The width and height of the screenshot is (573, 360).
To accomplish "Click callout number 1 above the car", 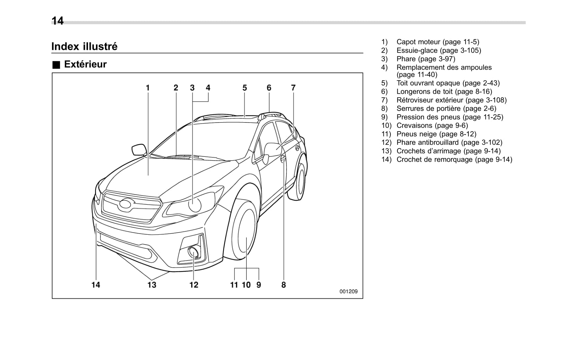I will point(148,88).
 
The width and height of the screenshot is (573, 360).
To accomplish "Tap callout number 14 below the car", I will point(96,285).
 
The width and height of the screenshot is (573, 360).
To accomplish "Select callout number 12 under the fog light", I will point(194,285).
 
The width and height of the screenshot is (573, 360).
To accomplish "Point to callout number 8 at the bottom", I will point(283,285).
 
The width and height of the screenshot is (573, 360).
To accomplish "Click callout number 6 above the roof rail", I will point(269,88).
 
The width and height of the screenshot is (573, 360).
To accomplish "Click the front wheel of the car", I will point(244,230).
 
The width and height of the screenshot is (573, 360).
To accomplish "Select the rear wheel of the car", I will point(300,181).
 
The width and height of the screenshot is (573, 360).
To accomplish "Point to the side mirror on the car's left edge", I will point(139,150).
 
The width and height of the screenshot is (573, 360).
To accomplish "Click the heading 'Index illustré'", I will point(85,46).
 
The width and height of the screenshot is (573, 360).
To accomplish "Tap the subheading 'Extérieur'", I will point(85,64).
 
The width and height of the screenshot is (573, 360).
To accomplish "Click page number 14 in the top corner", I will point(58,21).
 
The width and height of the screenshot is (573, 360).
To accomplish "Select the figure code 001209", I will point(348,291).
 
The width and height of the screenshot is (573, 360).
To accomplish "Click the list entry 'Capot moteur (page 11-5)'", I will point(438,42).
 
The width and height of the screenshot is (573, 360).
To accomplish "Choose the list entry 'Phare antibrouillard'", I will point(449,142).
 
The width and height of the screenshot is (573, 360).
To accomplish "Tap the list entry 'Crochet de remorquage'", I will point(454,160).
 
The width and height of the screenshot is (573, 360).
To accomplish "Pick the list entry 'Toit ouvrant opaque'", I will point(448,83).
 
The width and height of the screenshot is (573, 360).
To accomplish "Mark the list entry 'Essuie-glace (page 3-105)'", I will point(439,51).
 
